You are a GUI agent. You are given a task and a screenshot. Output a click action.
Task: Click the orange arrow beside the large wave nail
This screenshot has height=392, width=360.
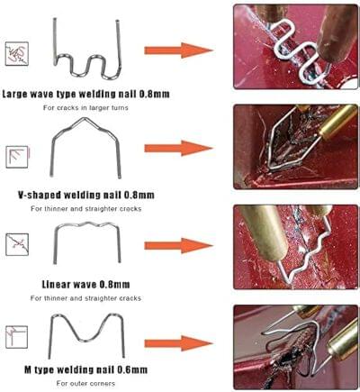[179, 50]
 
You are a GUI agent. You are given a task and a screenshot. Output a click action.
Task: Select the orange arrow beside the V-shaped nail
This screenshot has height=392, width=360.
[179, 148]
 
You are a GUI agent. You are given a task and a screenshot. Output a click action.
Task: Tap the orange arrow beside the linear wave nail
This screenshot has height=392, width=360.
[179, 246]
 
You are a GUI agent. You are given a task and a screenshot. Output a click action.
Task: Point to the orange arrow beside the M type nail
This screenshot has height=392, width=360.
[179, 343]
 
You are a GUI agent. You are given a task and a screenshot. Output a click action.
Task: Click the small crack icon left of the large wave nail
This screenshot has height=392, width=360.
[17, 54]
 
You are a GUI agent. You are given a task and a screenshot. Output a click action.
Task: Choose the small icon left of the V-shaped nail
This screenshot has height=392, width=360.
[17, 157]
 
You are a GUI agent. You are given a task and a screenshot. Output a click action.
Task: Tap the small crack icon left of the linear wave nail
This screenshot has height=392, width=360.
[17, 244]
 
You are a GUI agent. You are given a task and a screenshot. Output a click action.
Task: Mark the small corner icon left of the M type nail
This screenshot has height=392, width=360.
[17, 337]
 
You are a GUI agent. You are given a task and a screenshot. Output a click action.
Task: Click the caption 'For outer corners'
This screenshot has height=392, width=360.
[85, 384]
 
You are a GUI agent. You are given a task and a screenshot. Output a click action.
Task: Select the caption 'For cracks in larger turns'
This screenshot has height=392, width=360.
[85, 107]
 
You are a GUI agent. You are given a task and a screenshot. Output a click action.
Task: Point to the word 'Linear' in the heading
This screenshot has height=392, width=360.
[56, 284]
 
